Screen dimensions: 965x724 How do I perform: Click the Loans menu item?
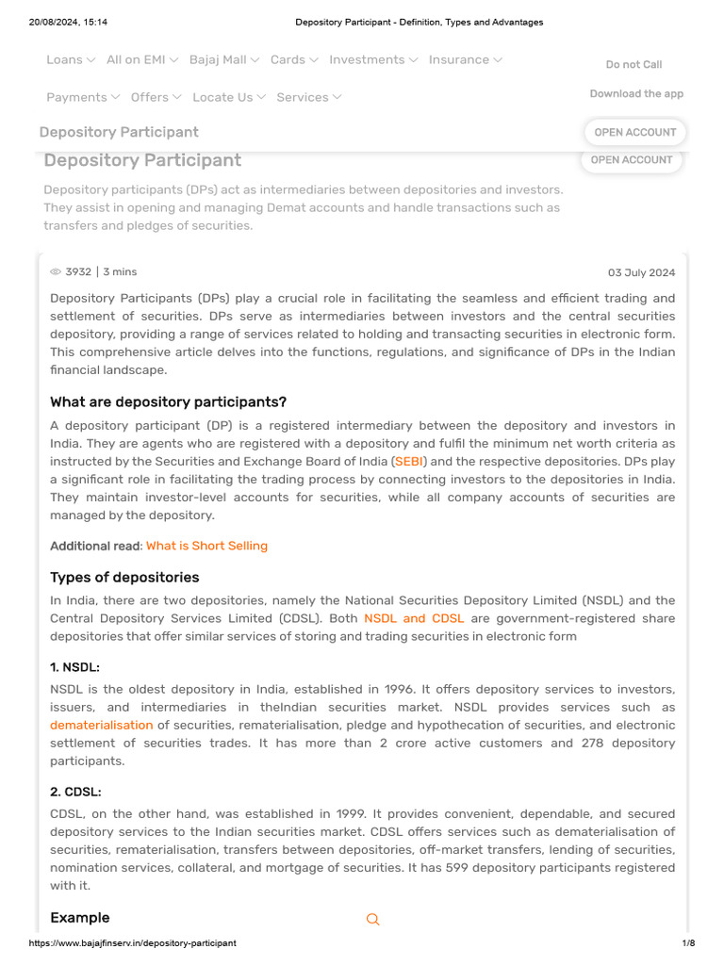coord(71,59)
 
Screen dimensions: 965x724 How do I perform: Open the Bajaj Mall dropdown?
coord(224,59)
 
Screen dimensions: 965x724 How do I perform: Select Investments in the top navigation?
coord(373,59)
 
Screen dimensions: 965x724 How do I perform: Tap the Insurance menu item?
coord(465,59)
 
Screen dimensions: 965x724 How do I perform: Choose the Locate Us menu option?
coord(229,97)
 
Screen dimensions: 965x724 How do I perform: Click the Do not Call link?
coord(633,64)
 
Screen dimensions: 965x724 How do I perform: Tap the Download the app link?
coord(636,93)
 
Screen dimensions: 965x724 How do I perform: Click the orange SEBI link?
coord(409,462)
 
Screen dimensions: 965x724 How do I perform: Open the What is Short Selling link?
coord(206,546)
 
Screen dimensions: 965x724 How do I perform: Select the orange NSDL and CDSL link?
coord(414,618)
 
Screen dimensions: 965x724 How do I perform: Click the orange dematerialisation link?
coord(101,725)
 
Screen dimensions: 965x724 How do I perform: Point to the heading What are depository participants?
coord(168,402)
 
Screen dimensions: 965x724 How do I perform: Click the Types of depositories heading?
coord(124,577)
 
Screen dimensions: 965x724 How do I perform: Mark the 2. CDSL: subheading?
coord(75,792)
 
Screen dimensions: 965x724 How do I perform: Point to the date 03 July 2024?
coord(641,272)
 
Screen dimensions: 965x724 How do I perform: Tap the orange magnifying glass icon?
coord(372,919)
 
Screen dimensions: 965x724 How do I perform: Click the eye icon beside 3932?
coord(56,272)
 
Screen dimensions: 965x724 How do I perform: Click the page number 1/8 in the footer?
coord(688,942)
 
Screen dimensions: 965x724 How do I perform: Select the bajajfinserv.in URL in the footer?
coord(133,942)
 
